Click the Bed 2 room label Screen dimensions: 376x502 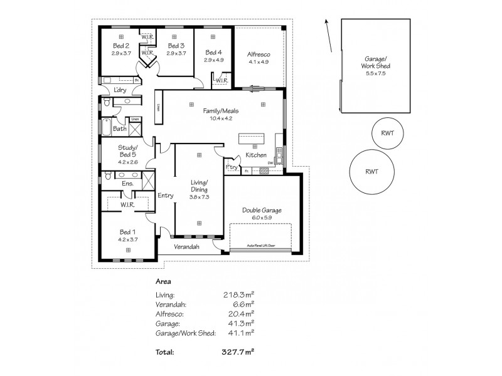(120, 46)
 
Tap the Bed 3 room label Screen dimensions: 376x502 (176, 46)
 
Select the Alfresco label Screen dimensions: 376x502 (259, 55)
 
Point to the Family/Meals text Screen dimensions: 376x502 (220, 110)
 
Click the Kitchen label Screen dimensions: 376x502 (256, 155)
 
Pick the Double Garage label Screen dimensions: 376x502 (262, 210)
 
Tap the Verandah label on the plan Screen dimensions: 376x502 (186, 247)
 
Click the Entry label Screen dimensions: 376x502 (166, 196)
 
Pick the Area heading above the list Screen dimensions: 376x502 (163, 281)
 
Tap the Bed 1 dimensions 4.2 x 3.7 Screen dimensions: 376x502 (127, 239)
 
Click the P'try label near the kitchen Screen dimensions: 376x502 (231, 168)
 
